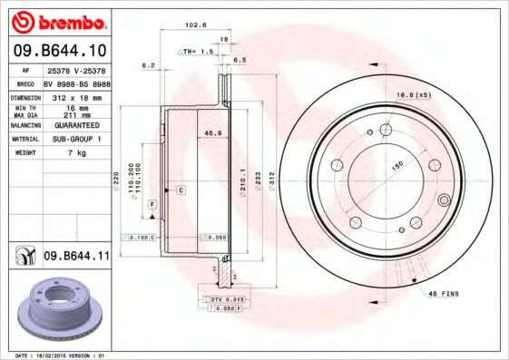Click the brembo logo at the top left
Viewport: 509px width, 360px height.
point(56,20)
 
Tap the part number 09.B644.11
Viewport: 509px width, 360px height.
point(76,258)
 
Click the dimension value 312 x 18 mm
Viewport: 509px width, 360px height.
point(75,95)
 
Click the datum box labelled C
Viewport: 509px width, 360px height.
point(181,190)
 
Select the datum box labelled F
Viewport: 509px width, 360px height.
point(153,204)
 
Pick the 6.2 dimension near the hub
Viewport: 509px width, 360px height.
point(149,65)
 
